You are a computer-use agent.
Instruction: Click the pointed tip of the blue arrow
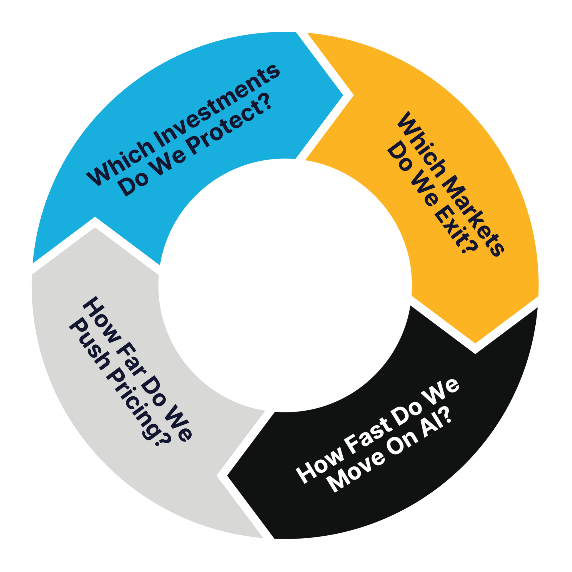coord(343,95)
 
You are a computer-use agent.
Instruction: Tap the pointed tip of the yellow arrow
coord(475,343)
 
